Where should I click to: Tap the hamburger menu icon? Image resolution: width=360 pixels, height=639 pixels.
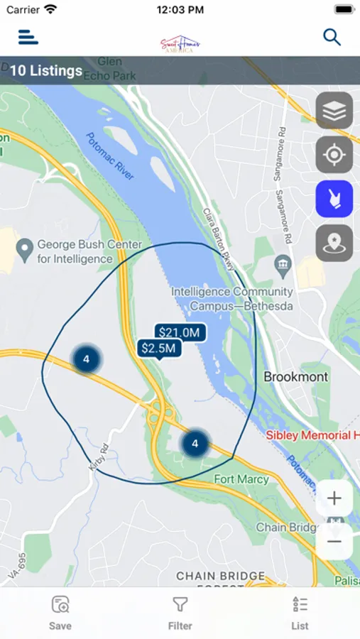coord(28,37)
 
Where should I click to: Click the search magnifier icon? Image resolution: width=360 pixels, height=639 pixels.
coord(332,37)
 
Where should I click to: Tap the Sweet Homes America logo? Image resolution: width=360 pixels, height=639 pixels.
coord(180,44)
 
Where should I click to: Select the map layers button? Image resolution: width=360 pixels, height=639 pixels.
coord(334,110)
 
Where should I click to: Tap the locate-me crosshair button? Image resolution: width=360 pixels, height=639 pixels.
coord(334,155)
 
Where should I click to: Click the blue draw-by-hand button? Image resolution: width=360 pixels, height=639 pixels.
coord(334,199)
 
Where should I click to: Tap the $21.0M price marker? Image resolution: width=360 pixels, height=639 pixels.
coord(180,332)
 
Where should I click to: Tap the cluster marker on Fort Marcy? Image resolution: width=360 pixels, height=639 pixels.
coord(195,444)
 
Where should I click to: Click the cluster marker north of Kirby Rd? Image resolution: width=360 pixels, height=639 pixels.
coord(86,359)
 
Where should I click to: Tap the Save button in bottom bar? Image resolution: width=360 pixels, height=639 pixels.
coord(60,613)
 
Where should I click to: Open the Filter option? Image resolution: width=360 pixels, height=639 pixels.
coord(180,613)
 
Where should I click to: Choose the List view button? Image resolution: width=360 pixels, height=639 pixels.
coord(300,613)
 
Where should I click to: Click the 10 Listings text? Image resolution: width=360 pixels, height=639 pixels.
coord(45,71)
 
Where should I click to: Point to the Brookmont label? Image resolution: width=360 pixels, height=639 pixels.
coord(296,377)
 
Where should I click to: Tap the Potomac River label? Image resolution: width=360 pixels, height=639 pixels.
coord(110,156)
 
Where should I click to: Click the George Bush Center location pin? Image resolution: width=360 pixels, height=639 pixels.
coord(26,249)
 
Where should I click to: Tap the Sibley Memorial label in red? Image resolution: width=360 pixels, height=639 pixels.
coord(312,435)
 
